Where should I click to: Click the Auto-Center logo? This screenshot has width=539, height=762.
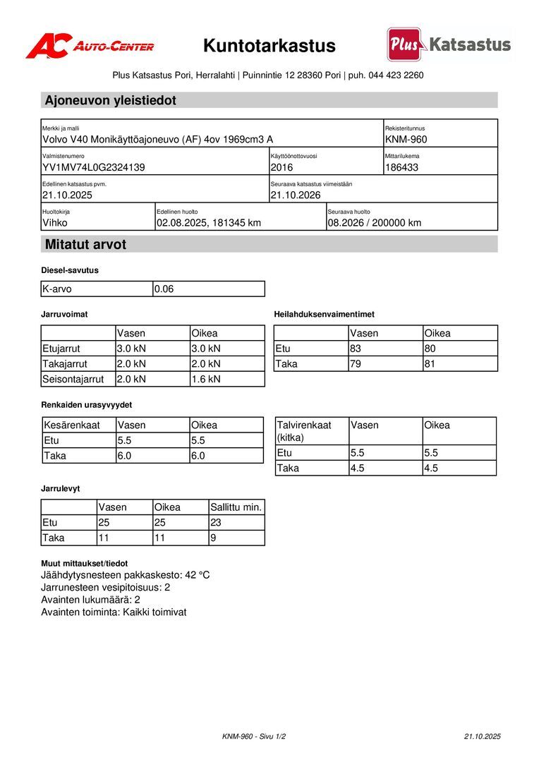point(90,47)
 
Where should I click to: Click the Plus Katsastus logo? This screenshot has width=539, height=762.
point(449,45)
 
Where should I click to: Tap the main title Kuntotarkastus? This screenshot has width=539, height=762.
point(269,47)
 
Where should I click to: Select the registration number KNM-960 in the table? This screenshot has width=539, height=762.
point(406,140)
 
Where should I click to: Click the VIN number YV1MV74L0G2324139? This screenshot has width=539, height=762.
point(94,168)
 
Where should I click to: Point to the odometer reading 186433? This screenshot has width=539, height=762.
point(402,168)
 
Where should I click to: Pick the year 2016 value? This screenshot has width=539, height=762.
point(281,168)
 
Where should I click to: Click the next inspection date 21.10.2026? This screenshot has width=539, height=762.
point(296,195)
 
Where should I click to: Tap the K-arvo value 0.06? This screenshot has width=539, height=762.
point(164,289)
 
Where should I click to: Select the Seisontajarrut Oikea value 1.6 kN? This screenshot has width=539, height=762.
point(206,380)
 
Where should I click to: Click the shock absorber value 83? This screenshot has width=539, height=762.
point(356,349)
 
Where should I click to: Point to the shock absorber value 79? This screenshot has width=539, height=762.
point(356,364)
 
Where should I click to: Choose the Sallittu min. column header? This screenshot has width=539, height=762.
point(236,507)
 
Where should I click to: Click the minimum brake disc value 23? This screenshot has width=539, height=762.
point(216,523)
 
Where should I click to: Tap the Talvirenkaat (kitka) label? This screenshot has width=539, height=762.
point(304,431)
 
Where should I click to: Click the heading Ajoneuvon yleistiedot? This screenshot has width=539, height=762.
point(111,101)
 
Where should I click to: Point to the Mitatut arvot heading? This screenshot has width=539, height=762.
point(85,245)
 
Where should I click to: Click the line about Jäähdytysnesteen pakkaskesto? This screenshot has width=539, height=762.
point(126,575)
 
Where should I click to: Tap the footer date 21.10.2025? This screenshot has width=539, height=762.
point(482,737)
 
